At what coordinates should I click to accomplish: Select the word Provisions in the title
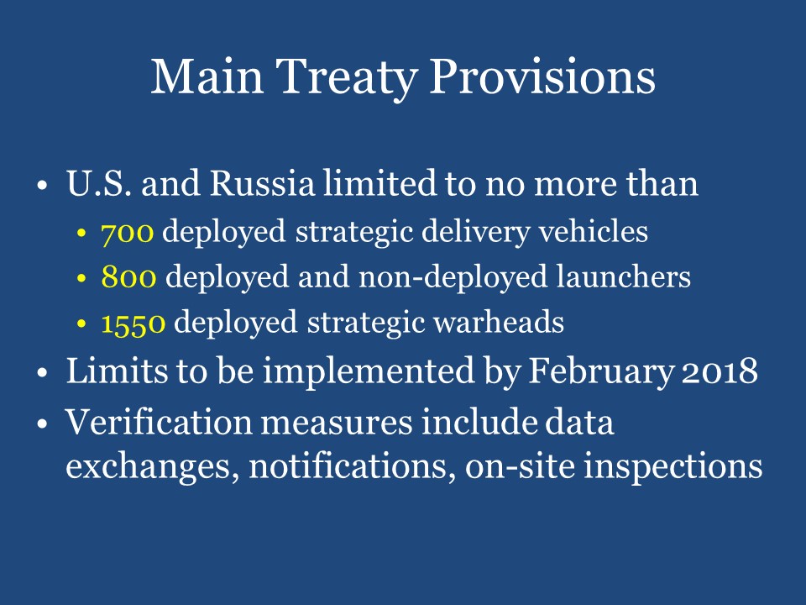click(542, 77)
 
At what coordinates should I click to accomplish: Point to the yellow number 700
click(127, 233)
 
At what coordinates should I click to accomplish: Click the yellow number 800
click(128, 277)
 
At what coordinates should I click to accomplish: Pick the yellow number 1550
click(133, 323)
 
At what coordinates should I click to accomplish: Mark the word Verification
click(149, 423)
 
